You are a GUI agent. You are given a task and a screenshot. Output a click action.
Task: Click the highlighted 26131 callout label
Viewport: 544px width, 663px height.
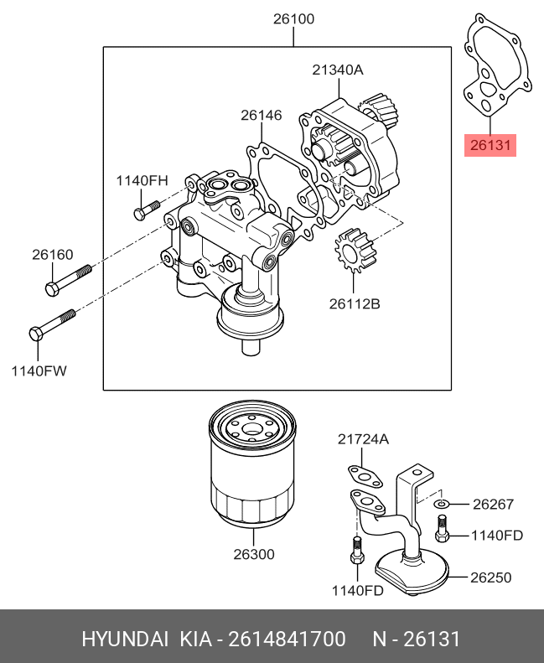click(490, 145)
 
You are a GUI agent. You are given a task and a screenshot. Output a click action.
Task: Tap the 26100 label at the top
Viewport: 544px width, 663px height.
click(293, 19)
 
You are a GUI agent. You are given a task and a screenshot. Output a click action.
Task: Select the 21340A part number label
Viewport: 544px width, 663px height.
click(338, 70)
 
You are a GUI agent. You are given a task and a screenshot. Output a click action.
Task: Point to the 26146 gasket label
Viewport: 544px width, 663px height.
click(262, 115)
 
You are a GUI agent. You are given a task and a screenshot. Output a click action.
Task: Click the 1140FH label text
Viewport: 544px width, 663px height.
click(142, 180)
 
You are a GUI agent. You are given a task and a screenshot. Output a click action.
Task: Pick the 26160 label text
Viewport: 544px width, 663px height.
click(53, 255)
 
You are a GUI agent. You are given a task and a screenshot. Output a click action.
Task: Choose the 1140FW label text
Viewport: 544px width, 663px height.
click(39, 371)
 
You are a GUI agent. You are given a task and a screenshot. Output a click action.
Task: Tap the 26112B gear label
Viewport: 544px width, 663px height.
click(355, 303)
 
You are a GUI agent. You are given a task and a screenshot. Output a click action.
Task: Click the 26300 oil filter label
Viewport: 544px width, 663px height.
click(254, 554)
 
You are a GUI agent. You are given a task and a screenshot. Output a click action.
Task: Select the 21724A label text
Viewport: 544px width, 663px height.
click(363, 440)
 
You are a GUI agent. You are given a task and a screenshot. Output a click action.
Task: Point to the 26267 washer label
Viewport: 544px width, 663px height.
click(493, 504)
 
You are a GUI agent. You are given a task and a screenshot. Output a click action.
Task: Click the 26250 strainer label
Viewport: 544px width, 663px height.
click(491, 578)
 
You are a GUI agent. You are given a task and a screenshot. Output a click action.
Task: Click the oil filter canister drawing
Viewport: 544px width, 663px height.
click(252, 464)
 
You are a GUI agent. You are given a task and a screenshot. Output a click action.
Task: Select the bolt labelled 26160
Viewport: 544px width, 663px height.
click(68, 280)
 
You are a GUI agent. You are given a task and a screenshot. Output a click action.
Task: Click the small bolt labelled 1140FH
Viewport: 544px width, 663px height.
click(147, 210)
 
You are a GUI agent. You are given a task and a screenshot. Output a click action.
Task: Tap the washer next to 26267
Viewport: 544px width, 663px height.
click(441, 504)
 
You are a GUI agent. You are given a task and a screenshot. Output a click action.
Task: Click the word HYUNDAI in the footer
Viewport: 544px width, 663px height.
click(125, 639)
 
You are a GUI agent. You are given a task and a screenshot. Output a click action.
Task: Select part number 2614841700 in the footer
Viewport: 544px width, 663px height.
click(287, 639)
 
